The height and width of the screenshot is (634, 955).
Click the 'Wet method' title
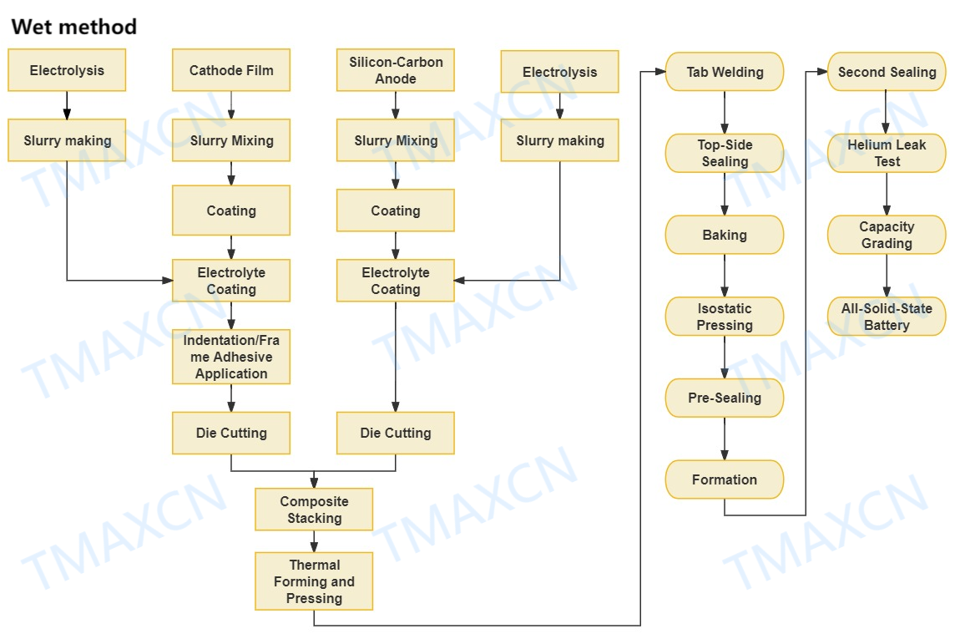point(73,27)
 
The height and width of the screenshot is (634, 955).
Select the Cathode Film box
point(231,70)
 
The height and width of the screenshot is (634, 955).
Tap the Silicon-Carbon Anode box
point(396,70)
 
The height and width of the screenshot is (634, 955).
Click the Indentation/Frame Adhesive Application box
point(231,357)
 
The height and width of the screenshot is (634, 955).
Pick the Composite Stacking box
point(314,510)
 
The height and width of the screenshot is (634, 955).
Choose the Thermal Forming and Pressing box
point(314,581)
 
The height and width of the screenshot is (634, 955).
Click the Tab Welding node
point(725,72)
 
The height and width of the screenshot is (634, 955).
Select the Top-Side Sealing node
point(725,153)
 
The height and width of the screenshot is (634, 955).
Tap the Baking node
point(725,235)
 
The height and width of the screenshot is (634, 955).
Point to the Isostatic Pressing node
point(725,317)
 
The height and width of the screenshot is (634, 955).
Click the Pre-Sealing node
point(725,398)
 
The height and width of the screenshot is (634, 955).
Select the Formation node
point(725,479)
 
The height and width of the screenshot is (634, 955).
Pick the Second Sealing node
point(887,72)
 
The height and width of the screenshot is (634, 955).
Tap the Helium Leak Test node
point(887,153)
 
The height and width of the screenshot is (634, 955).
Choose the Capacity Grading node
point(887,235)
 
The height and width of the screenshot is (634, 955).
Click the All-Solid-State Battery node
point(887,317)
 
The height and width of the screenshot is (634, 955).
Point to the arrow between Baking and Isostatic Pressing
point(725,275)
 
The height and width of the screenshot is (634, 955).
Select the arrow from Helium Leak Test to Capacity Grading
point(887,194)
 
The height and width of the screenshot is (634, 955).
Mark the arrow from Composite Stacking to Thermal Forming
point(314,541)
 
